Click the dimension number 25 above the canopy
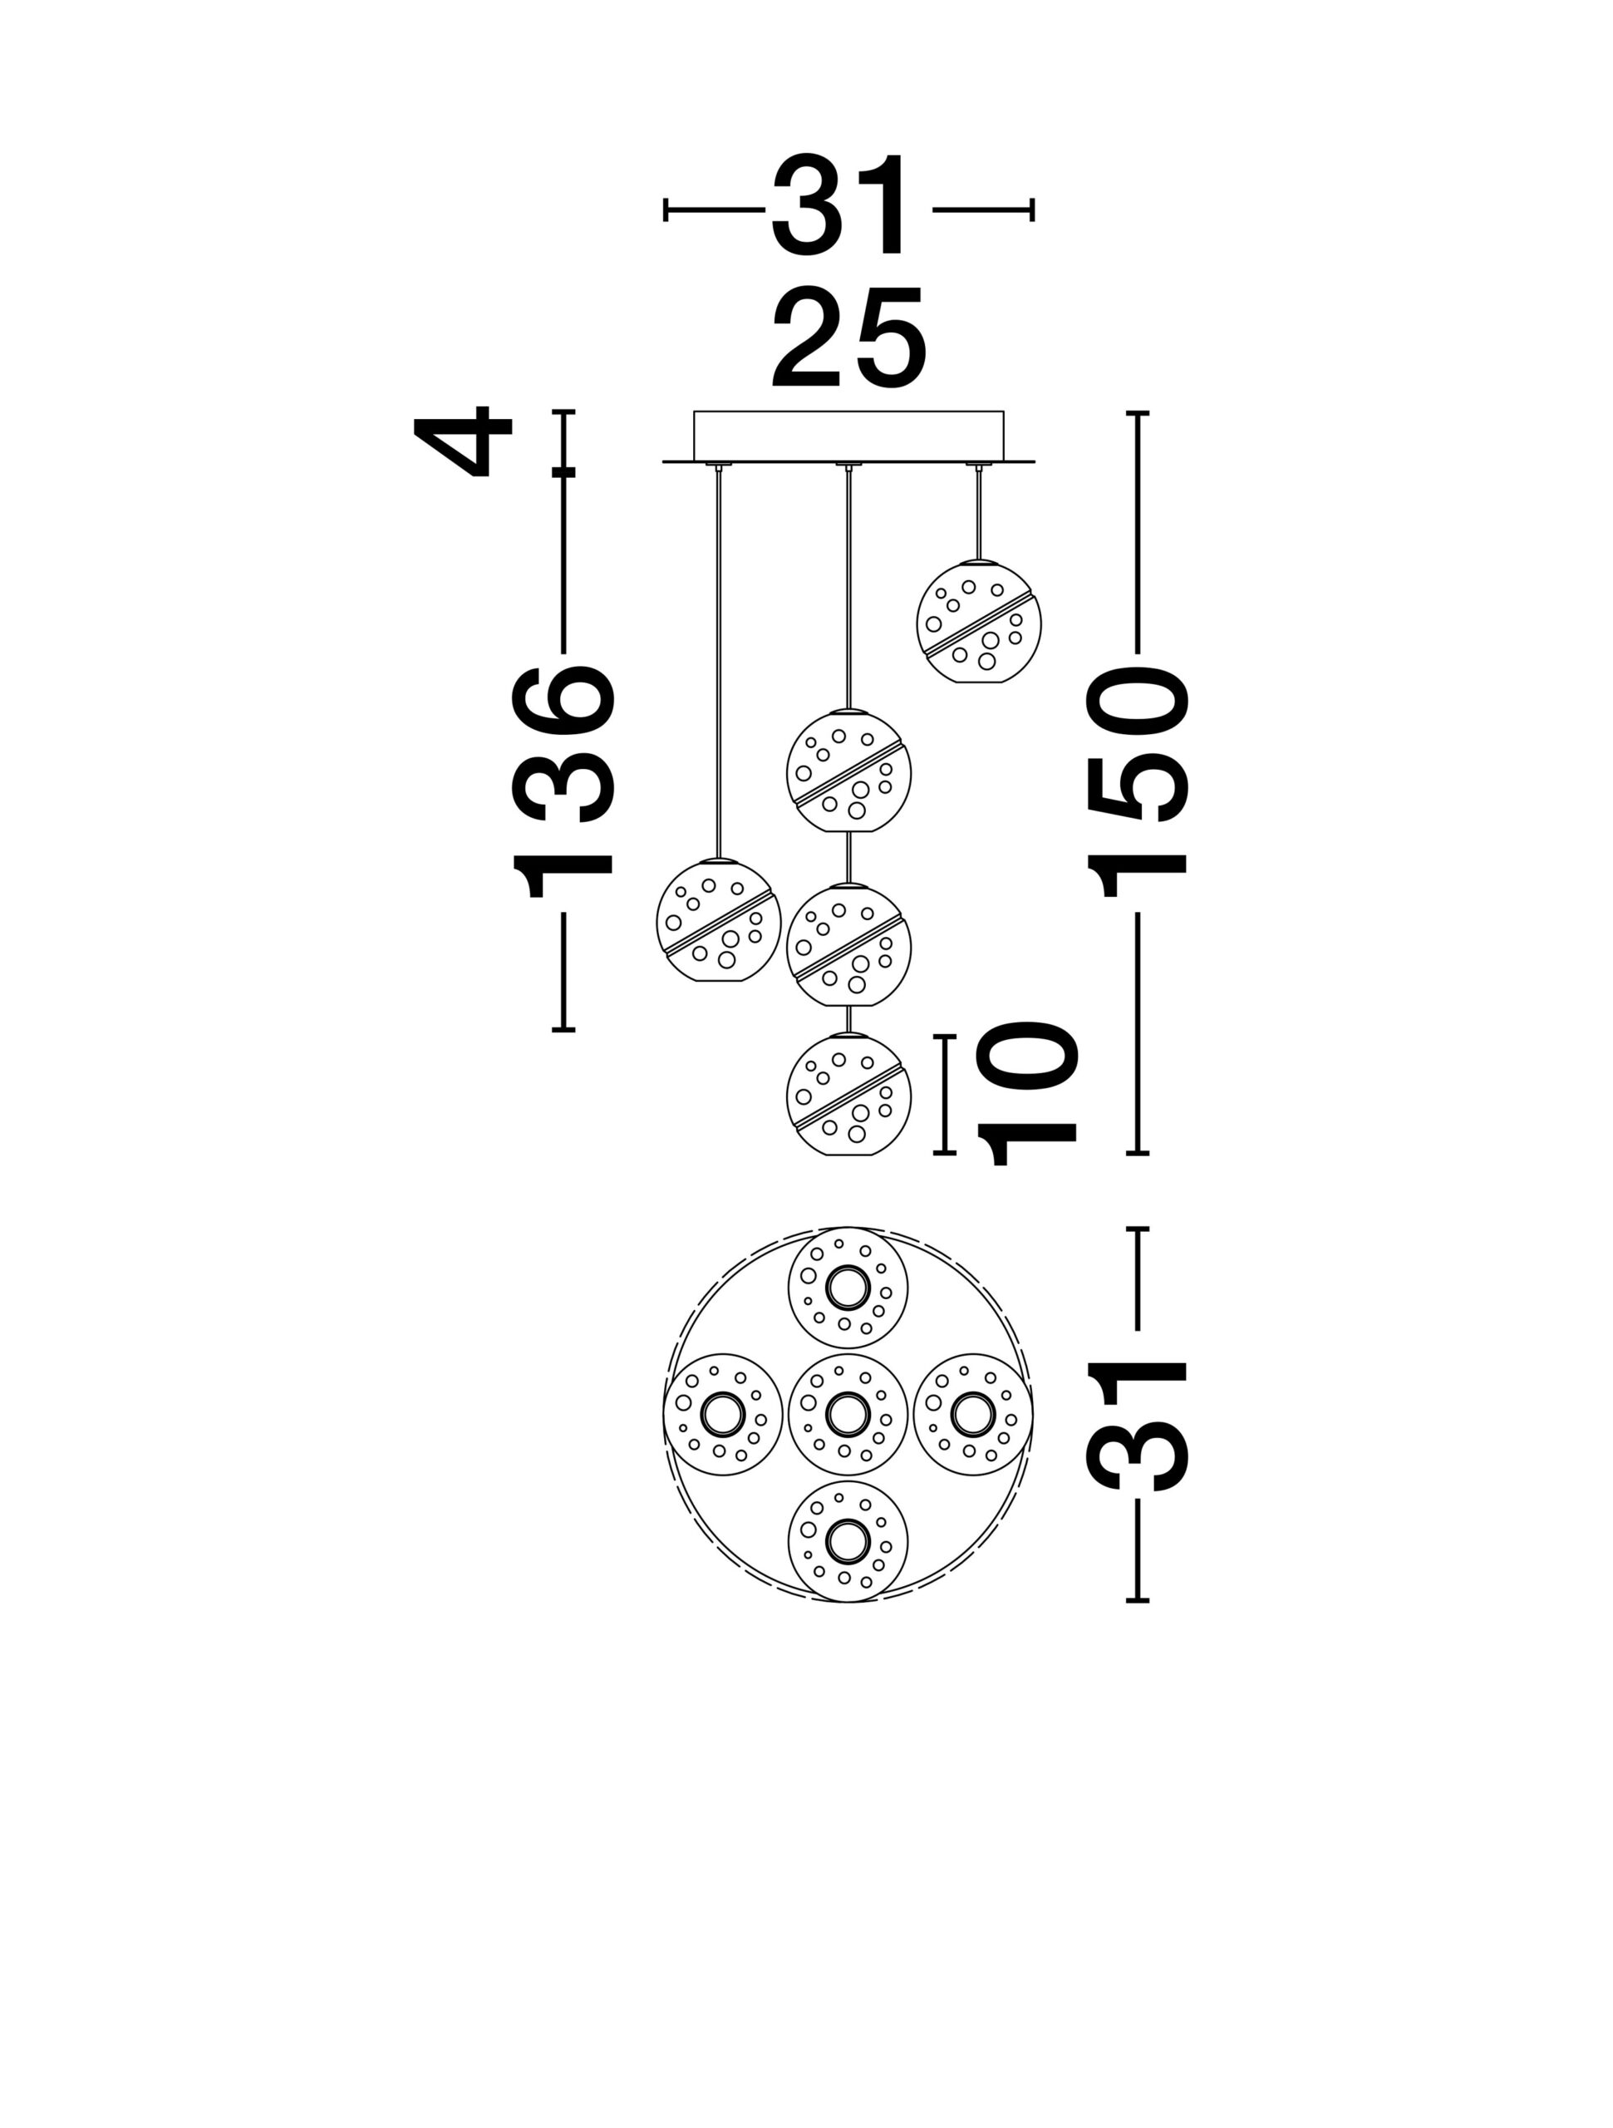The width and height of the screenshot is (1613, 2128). (848, 337)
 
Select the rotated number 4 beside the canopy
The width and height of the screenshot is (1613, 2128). (463, 441)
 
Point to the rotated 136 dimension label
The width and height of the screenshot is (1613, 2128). (563, 781)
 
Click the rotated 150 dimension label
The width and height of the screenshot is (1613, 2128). (1138, 782)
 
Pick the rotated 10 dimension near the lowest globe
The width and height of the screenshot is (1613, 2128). (1026, 1093)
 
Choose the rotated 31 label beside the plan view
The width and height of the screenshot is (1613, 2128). (1138, 1426)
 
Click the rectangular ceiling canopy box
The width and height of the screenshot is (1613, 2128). (848, 436)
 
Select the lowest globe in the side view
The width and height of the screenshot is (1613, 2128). (848, 1094)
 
